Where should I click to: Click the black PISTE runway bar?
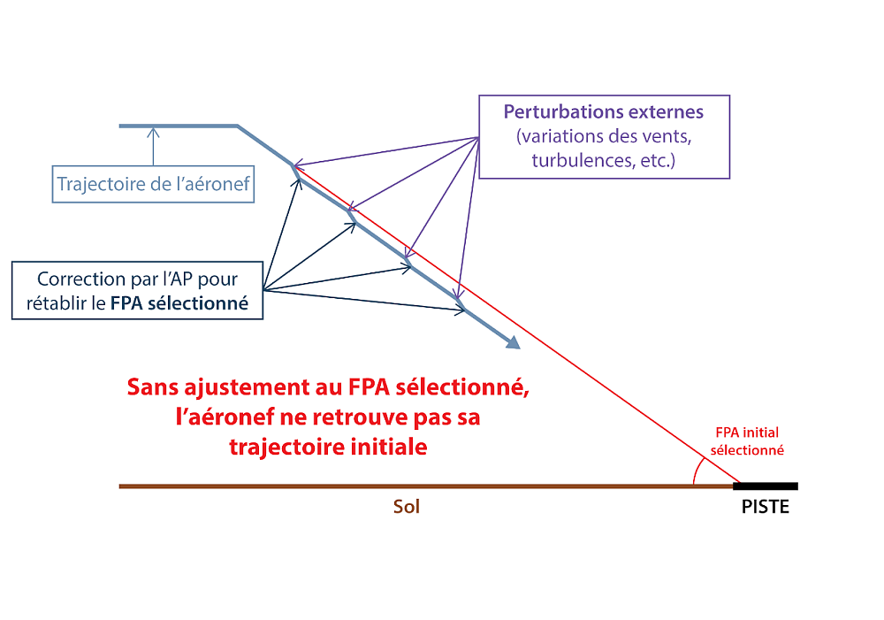coord(766,486)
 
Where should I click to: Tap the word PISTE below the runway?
coord(765,508)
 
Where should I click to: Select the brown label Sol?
coord(407,508)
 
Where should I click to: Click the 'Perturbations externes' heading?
coord(604,112)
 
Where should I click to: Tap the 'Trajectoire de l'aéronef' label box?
coord(153,185)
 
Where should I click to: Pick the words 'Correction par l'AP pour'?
coord(137,279)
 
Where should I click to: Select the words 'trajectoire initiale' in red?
coord(328,447)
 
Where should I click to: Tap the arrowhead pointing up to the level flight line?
coord(154,133)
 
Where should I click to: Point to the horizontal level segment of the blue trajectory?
coord(177,126)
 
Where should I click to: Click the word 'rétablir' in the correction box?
coord(59,303)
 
